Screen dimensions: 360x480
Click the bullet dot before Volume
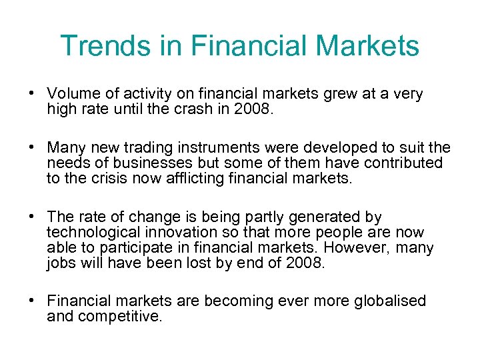pyautogui.click(x=32, y=94)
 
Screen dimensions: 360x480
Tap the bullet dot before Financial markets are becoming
pyautogui.click(x=32, y=301)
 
